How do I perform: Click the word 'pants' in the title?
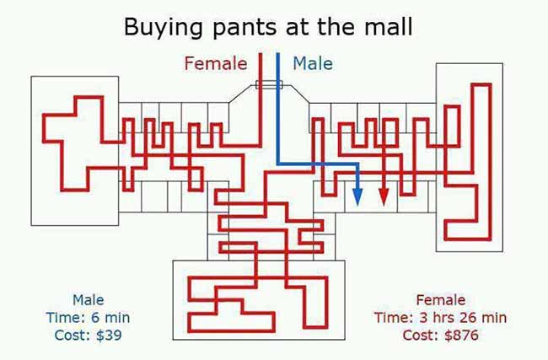tap(246, 28)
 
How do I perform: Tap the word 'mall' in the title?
tap(389, 26)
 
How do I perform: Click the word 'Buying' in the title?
tap(164, 28)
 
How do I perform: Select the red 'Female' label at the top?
tap(216, 63)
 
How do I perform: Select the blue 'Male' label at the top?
tap(313, 63)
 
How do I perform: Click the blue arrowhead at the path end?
tap(357, 196)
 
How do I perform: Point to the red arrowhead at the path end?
tap(384, 196)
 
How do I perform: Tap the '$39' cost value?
tap(109, 336)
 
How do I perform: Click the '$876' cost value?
tap(461, 336)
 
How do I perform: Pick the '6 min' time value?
tap(110, 318)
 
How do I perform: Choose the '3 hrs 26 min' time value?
tap(463, 318)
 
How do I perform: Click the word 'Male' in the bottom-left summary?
tap(88, 300)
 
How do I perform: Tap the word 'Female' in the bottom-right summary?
tap(441, 300)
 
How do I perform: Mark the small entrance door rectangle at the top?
tap(269, 84)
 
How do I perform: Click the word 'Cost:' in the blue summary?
tap(73, 336)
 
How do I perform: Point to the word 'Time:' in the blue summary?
tap(66, 318)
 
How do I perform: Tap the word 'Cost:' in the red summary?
tap(422, 336)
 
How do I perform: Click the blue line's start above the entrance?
tap(278, 53)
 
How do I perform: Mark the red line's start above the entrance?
tap(261, 53)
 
